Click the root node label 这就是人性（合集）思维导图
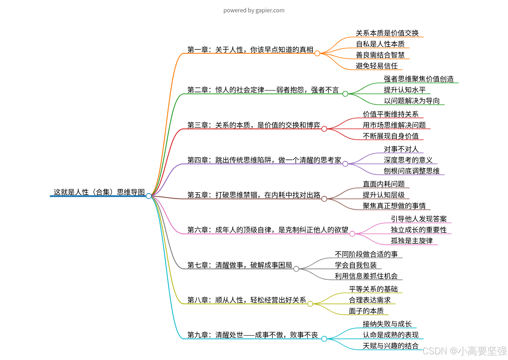click(x=99, y=192)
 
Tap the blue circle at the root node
click(x=149, y=196)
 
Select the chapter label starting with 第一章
click(x=250, y=50)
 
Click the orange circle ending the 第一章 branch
click(x=317, y=53)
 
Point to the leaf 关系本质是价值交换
click(x=387, y=33)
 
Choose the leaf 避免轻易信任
click(x=376, y=66)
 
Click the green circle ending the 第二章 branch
click(x=345, y=94)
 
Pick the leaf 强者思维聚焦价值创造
click(x=418, y=79)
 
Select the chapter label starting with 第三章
click(x=254, y=125)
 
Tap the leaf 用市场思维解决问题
click(x=394, y=125)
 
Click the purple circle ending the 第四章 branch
click(x=345, y=164)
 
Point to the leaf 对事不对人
click(x=401, y=149)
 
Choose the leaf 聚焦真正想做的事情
click(x=394, y=206)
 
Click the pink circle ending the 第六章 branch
click(x=352, y=234)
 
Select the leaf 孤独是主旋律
click(x=412, y=241)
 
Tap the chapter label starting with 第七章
click(x=240, y=265)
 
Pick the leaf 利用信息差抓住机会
click(x=366, y=276)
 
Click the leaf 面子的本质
click(x=366, y=311)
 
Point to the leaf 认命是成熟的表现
click(x=391, y=335)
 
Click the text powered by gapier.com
click(x=254, y=10)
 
